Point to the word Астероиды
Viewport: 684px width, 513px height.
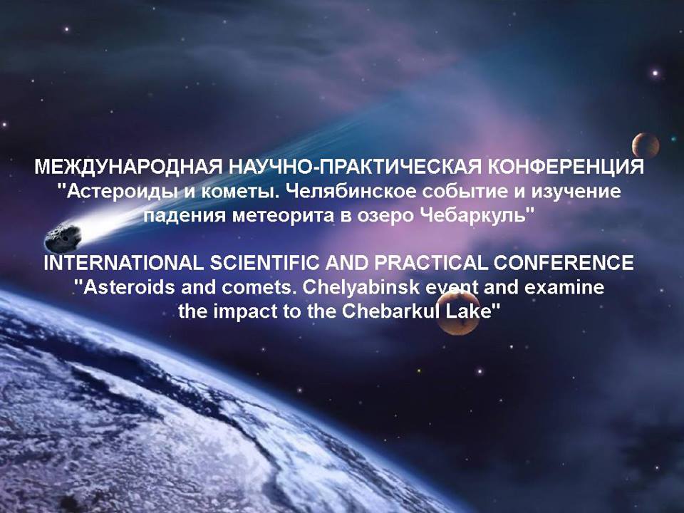(117, 192)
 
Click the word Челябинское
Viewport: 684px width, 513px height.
(352, 191)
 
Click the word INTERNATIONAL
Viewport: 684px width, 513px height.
(123, 263)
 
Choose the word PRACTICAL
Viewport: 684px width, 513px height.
(430, 263)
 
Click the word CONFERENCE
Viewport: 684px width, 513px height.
(564, 263)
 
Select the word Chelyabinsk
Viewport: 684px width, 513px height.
(362, 287)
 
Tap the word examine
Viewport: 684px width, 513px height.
(564, 287)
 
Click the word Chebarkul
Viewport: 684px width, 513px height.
(392, 311)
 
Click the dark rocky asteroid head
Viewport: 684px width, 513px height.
(63, 238)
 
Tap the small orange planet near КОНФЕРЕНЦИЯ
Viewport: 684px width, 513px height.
(646, 145)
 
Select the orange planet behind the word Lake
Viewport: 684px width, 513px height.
(458, 313)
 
